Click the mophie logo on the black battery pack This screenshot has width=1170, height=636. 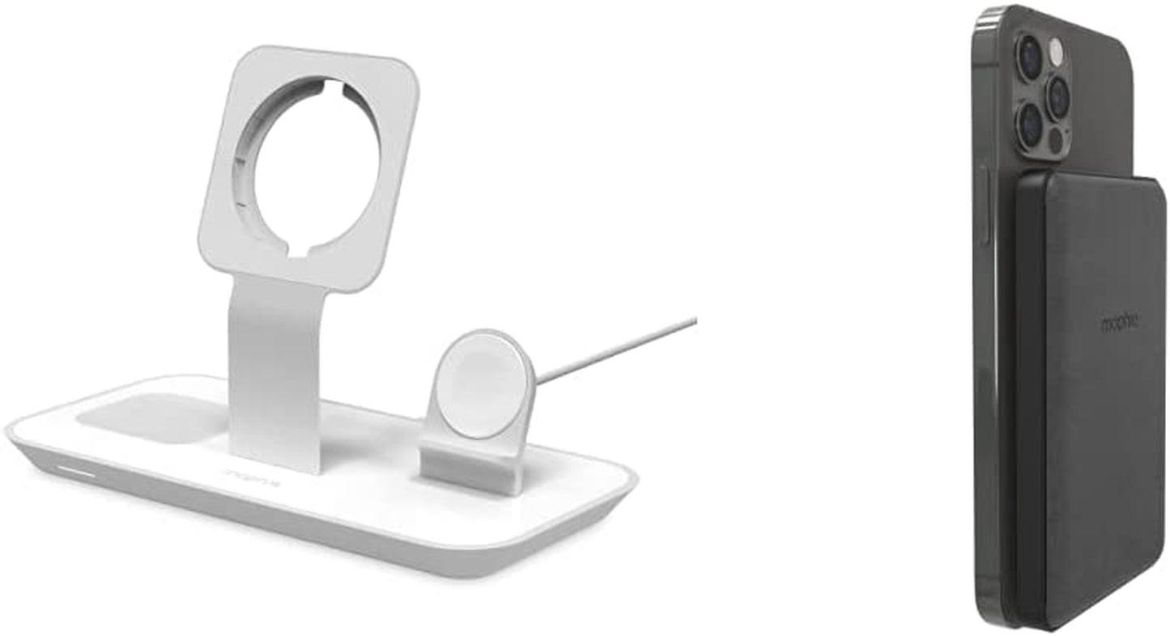tap(1120, 323)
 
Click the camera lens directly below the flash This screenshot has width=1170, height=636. tap(1058, 98)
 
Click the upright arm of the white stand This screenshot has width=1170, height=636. tap(274, 364)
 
